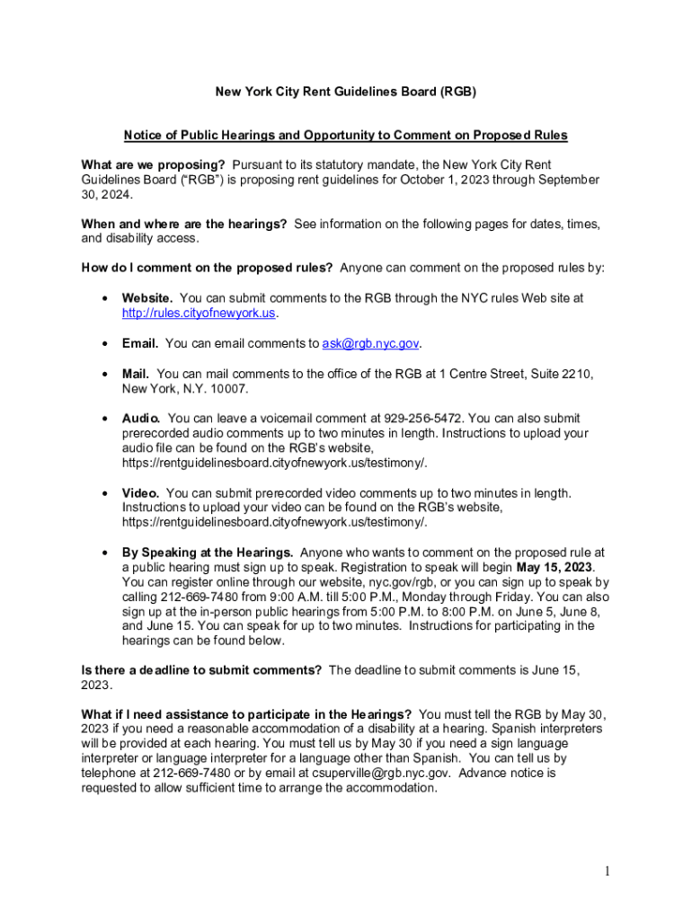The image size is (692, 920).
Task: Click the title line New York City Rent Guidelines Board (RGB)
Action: tap(345, 92)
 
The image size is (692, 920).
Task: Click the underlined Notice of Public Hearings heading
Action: tap(345, 136)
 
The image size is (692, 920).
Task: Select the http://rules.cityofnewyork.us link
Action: tap(200, 314)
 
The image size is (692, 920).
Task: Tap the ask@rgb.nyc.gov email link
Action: tap(370, 343)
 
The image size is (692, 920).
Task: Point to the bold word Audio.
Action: tap(141, 419)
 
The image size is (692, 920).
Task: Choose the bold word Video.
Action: tap(141, 493)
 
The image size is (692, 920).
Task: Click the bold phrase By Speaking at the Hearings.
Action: tap(208, 553)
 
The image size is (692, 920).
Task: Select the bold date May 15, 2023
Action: tap(554, 568)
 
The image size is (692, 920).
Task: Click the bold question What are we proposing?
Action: tap(153, 165)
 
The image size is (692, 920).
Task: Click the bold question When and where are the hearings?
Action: tap(184, 224)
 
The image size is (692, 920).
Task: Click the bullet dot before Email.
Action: tap(106, 343)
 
